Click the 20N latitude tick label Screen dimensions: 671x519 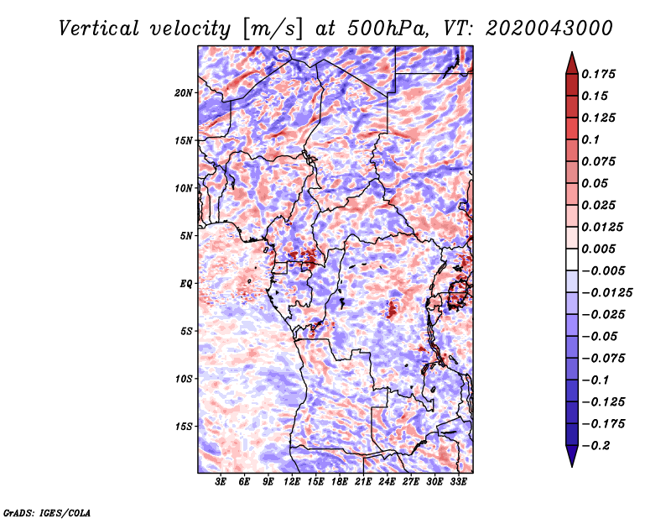coord(184,93)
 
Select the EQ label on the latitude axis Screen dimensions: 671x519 coord(186,284)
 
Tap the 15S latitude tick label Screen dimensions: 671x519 coord(184,427)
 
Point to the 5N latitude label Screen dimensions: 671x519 coord(186,236)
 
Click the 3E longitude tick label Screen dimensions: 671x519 coord(221,481)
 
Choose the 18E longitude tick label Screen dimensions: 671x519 coord(340,481)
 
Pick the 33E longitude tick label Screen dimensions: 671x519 coord(458,481)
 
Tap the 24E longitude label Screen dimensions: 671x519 coord(387,481)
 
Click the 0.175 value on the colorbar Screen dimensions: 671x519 coord(599,74)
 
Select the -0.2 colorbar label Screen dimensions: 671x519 coord(596,446)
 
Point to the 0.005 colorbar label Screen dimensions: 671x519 coord(599,249)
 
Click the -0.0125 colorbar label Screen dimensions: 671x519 coord(607,293)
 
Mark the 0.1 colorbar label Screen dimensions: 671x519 coord(590,139)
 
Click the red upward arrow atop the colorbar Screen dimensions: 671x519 coord(572,63)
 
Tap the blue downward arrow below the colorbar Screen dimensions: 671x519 coord(572,456)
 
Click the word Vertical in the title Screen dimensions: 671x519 coord(99,29)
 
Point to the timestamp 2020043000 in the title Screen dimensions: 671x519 coord(549,29)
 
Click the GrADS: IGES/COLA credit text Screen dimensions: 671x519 coord(47,512)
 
